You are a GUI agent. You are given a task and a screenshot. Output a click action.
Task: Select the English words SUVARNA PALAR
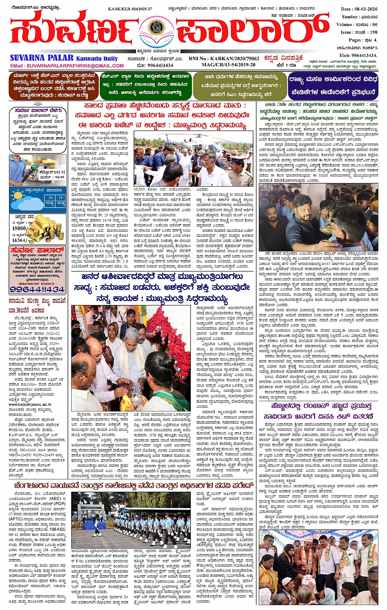pos(42,58)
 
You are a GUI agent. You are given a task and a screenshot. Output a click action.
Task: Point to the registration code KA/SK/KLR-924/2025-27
pos(127,8)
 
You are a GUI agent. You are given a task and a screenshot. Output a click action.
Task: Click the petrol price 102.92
pos(58,172)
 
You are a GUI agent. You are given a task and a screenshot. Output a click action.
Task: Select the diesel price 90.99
pos(59,177)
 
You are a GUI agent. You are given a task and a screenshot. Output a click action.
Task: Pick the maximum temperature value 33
pos(50,198)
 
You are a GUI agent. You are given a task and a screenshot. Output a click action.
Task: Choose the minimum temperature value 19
pos(61,198)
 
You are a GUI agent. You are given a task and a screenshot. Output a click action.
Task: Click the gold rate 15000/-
pos(20,228)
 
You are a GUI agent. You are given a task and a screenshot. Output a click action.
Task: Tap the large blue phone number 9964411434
pos(37,289)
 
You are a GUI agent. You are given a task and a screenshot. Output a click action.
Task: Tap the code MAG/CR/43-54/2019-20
pos(229,65)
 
